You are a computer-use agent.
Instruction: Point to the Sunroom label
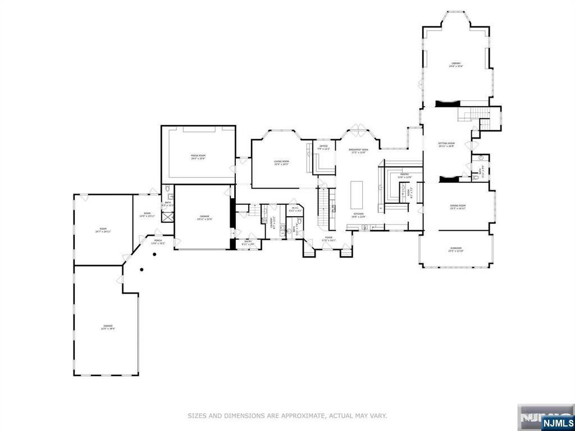coord(455,249)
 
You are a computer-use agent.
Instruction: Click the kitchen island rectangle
coord(357,195)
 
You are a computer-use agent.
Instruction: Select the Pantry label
coord(404,176)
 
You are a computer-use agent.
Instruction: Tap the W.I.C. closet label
coord(295,209)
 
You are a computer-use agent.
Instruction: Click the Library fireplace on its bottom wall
coord(448,102)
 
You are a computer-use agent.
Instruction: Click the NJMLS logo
coord(558,423)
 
